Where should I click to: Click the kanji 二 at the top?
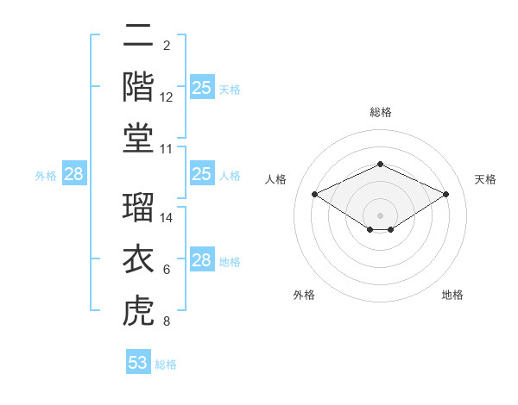tap(138, 35)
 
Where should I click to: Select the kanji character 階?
tap(138, 87)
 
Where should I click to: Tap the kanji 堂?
tap(138, 138)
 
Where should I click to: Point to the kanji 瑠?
tap(138, 207)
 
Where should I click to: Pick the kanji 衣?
tap(138, 259)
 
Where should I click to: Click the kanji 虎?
tap(138, 310)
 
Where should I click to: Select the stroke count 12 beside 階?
tap(166, 97)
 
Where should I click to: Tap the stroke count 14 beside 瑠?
tap(166, 218)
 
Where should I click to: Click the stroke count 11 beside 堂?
tap(166, 149)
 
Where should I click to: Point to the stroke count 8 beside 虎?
tap(167, 321)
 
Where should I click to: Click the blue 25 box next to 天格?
tap(202, 87)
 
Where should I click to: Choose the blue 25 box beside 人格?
tap(202, 173)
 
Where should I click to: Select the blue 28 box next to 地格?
tap(202, 259)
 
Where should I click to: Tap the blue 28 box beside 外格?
tap(74, 173)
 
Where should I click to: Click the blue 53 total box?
tap(138, 361)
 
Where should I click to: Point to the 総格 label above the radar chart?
tap(381, 112)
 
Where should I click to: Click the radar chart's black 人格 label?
tap(275, 179)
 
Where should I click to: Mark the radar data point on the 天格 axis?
tap(445, 194)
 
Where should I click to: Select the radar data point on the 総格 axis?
tap(380, 164)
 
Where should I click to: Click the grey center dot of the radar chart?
tap(380, 215)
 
